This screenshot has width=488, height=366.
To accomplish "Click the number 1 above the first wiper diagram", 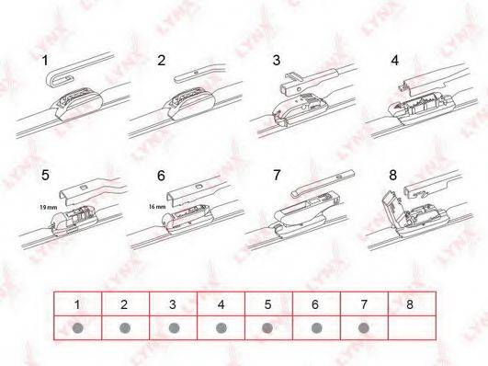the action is tap(45, 60).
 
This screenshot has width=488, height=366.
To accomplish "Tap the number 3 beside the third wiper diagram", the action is tap(276, 60).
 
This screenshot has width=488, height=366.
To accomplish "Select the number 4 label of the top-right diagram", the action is tap(394, 60).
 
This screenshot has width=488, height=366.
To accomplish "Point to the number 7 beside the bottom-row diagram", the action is tap(277, 175).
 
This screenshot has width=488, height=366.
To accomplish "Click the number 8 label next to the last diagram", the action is tap(393, 175).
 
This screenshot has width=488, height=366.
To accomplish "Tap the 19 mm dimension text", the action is tap(48, 207).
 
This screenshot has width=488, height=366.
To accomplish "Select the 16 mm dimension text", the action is tap(157, 206).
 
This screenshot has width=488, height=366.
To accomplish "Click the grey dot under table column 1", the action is tap(77, 328).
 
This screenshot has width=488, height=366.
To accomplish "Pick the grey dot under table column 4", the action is tap(221, 327).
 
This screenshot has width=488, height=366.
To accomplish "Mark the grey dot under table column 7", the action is tap(364, 327).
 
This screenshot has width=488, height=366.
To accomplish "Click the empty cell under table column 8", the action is tap(412, 327).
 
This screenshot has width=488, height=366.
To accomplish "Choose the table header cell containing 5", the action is tap(268, 303).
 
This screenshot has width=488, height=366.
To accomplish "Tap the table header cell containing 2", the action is tap(125, 303).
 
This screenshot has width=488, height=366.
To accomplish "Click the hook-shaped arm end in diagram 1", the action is tap(60, 79).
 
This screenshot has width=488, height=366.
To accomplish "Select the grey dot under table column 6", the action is tap(316, 327).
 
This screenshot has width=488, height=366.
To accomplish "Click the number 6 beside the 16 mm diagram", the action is tap(161, 176).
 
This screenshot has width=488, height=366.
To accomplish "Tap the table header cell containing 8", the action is tap(412, 303).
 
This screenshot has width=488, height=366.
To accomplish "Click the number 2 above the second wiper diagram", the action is tap(161, 60).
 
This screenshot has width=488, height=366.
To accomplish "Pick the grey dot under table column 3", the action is tap(174, 327).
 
